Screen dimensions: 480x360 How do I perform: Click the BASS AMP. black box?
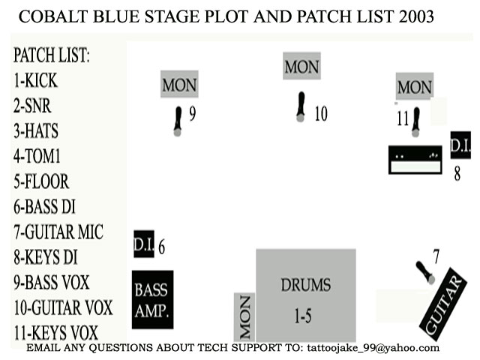[152, 300]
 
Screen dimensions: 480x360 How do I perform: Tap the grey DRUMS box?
[306, 295]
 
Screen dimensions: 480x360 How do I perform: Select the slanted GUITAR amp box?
[443, 304]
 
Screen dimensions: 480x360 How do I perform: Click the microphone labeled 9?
[178, 121]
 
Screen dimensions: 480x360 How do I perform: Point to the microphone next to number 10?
[301, 106]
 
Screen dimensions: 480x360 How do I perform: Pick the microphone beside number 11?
[415, 122]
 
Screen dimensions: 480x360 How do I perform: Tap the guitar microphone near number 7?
[425, 272]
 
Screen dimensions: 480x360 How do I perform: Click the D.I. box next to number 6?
[144, 244]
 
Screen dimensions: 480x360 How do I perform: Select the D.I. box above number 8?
[460, 145]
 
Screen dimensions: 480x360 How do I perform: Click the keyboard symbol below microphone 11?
[415, 160]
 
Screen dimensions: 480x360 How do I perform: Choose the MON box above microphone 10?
[301, 66]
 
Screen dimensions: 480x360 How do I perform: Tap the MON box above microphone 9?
[179, 84]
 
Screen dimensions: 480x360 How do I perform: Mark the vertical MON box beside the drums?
[244, 316]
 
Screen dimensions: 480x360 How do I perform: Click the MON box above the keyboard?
[415, 86]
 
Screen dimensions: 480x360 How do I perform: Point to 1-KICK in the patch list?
[35, 80]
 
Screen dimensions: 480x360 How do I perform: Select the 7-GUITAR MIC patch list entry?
[58, 232]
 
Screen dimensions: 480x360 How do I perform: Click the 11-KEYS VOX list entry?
[56, 333]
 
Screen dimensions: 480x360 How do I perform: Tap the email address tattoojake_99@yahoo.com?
[373, 348]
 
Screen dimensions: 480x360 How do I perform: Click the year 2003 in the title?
[416, 16]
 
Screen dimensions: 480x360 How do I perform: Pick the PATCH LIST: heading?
[52, 55]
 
